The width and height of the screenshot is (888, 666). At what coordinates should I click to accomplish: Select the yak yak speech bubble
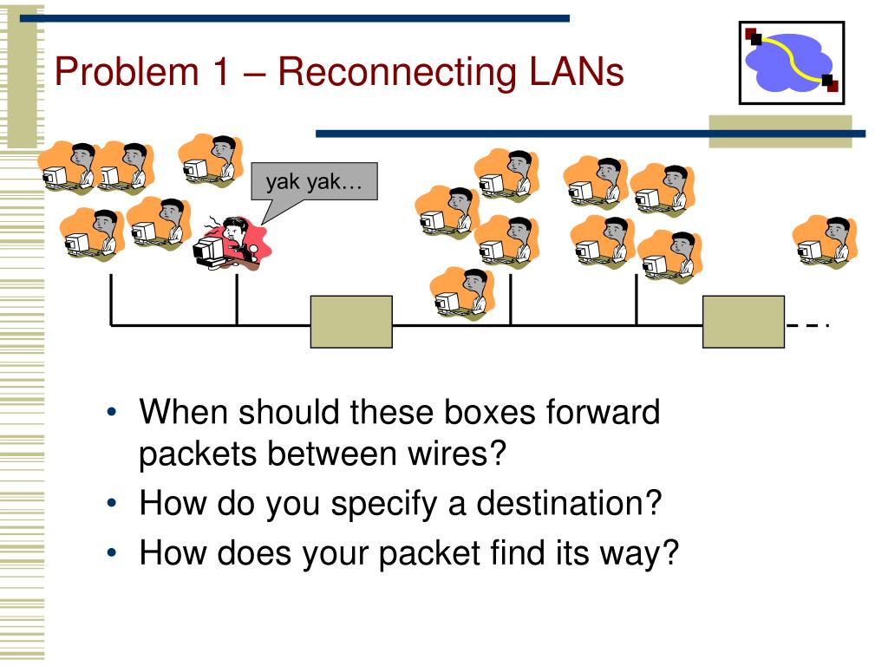point(313,182)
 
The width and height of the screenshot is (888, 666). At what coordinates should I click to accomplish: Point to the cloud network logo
point(791,62)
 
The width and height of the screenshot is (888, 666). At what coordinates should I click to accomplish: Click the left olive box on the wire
point(351,322)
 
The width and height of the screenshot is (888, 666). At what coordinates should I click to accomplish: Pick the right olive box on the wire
point(743,322)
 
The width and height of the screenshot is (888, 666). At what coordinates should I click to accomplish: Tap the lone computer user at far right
point(826,242)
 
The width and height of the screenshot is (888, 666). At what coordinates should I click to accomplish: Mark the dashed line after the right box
point(807,325)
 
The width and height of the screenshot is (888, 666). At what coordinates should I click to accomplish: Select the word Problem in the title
point(127,71)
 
